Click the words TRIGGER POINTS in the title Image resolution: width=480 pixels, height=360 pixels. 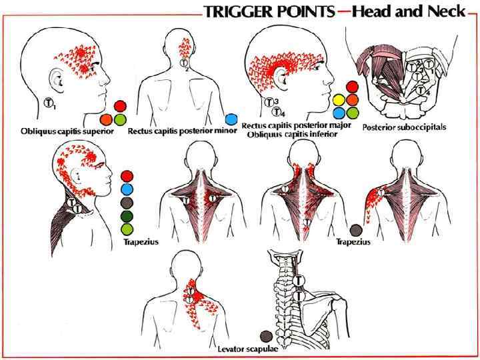[277, 11]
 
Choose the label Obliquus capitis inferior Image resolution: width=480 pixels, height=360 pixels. [292, 134]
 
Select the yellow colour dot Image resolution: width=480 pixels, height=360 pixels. [339, 100]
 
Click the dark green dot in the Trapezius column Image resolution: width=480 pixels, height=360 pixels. [127, 216]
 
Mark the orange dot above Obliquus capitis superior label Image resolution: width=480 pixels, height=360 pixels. [106, 119]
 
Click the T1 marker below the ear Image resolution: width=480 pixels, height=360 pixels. [49, 103]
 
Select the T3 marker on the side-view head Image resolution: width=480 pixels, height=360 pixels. [269, 102]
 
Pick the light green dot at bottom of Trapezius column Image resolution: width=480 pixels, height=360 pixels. [127, 229]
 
